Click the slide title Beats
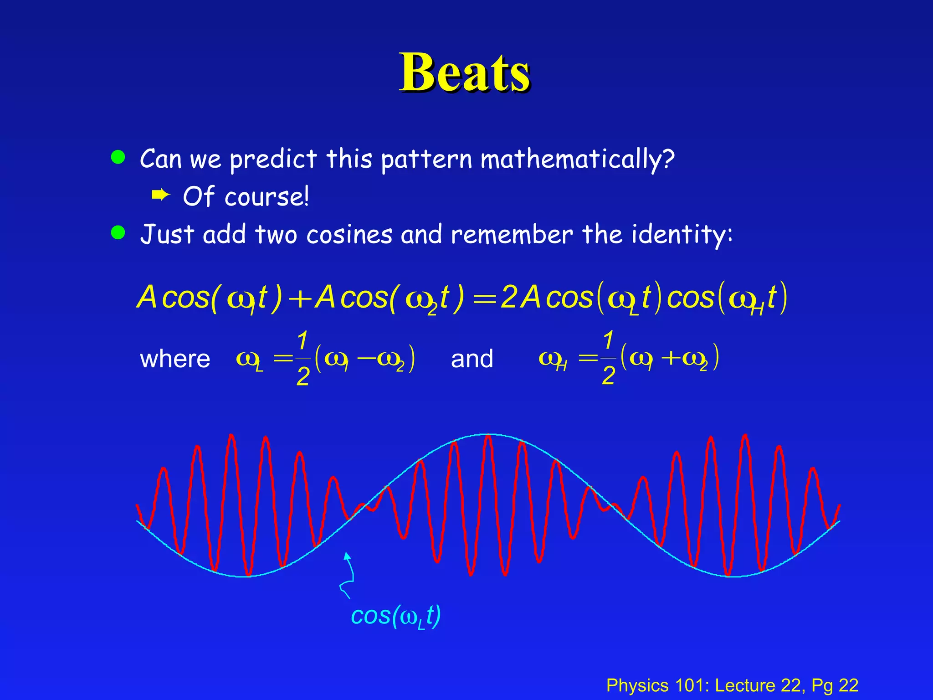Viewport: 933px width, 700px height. click(465, 73)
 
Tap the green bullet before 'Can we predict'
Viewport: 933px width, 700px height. click(118, 157)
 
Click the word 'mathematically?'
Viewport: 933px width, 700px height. click(577, 160)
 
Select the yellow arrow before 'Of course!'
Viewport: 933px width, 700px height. click(160, 196)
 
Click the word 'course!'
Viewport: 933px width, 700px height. click(267, 197)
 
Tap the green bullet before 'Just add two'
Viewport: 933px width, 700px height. click(118, 232)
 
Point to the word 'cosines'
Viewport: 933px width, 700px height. click(349, 235)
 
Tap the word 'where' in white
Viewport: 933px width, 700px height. click(175, 359)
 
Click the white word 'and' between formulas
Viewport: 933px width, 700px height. click(472, 359)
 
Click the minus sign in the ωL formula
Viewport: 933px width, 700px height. click(366, 358)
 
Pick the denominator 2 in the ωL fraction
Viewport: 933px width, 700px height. click(303, 377)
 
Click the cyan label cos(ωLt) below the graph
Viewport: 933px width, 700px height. click(395, 616)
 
